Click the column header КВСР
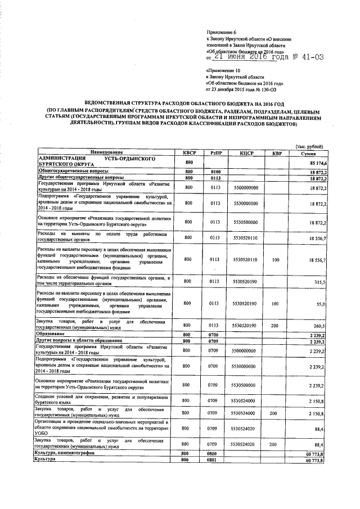188,153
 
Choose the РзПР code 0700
214,334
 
